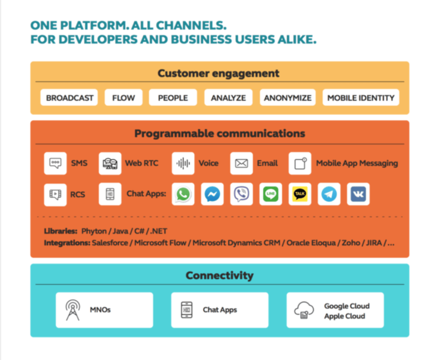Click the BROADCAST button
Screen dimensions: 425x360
pyautogui.click(x=69, y=97)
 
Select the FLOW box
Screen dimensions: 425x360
pyautogui.click(x=124, y=97)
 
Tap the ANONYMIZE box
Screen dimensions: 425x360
pyautogui.click(x=288, y=97)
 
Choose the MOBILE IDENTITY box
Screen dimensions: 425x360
pyautogui.click(x=361, y=97)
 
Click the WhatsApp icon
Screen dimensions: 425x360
pyautogui.click(x=183, y=194)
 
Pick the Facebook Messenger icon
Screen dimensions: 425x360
pyautogui.click(x=212, y=194)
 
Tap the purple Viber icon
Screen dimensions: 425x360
pyautogui.click(x=241, y=194)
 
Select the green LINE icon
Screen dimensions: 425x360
pyautogui.click(x=271, y=194)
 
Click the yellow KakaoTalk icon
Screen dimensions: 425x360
pyautogui.click(x=300, y=194)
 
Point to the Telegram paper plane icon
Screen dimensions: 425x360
pyautogui.click(x=329, y=194)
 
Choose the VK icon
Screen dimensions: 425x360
pyautogui.click(x=358, y=194)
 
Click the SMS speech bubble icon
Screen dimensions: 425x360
pyautogui.click(x=55, y=163)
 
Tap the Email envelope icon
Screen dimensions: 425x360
pyautogui.click(x=241, y=163)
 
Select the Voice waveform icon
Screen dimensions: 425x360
pyautogui.click(x=183, y=163)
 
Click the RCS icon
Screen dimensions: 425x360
pyautogui.click(x=55, y=194)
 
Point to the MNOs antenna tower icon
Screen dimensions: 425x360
pyautogui.click(x=73, y=310)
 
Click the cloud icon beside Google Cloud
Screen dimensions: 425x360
pyautogui.click(x=304, y=310)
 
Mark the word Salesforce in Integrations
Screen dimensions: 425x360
pyautogui.click(x=110, y=243)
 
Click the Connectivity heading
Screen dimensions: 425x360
pyautogui.click(x=220, y=275)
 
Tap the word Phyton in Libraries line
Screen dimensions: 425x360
pyautogui.click(x=94, y=231)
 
